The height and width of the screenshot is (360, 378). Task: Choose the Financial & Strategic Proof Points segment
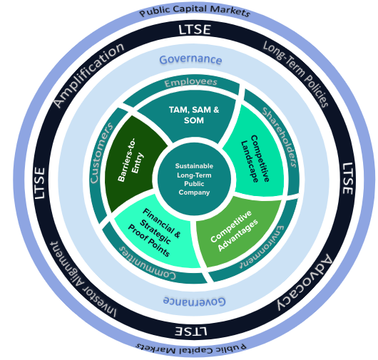point(154,229)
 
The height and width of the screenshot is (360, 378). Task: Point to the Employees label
point(190,83)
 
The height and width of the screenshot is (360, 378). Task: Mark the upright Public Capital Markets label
point(195,12)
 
